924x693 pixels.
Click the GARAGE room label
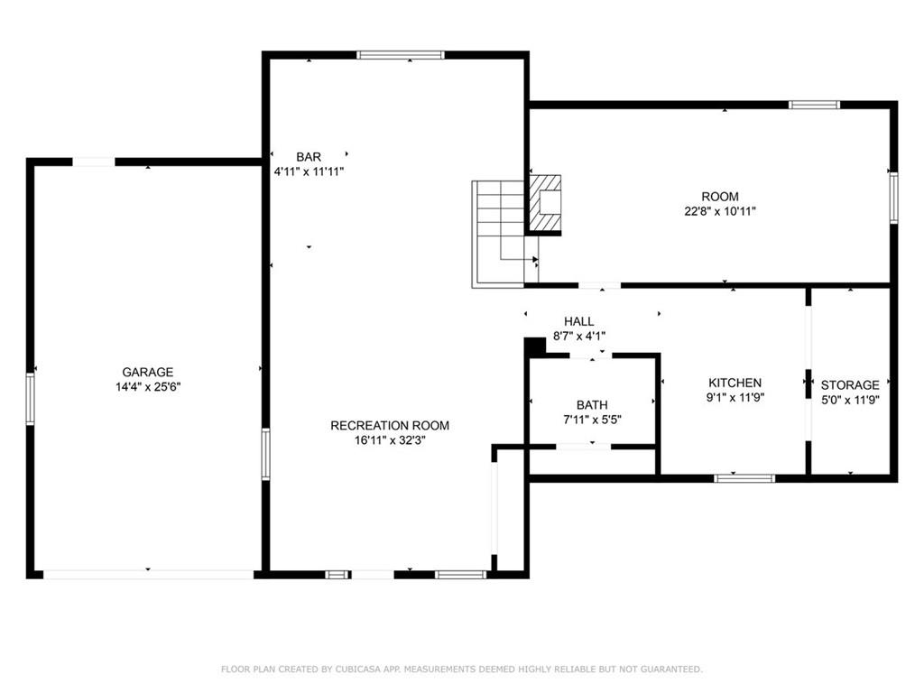148,372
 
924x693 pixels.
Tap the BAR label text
309,157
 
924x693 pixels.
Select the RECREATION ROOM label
390,426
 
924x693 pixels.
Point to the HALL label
579,321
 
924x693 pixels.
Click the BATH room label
592,405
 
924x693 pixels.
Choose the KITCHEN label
735,383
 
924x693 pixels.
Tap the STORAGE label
850,384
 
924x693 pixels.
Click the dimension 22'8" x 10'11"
720,211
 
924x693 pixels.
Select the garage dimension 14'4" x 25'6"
148,387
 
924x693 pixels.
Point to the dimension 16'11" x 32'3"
390,440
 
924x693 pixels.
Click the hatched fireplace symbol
544,203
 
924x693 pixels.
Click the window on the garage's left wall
30,399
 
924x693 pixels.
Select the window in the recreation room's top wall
400,55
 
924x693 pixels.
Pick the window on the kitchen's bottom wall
744,478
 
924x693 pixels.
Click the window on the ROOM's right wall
893,198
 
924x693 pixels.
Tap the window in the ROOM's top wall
815,105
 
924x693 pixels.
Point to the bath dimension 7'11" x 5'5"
592,420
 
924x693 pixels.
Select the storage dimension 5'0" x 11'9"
850,400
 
